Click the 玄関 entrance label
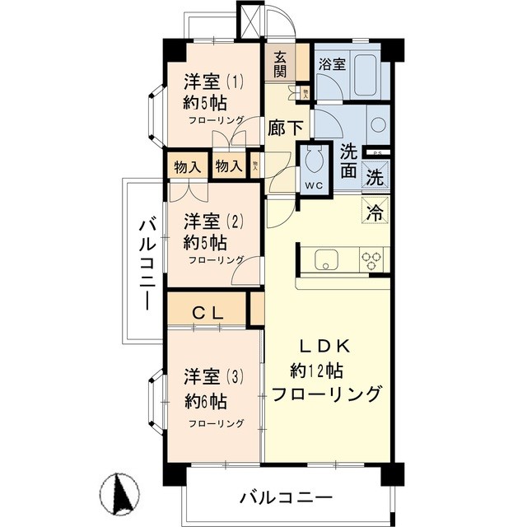tap(280, 63)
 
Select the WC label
tap(314, 184)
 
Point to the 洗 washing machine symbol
tap(375, 176)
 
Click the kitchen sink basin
tap(327, 259)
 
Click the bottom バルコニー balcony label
tap(286, 498)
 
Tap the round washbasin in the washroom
tap(376, 125)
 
